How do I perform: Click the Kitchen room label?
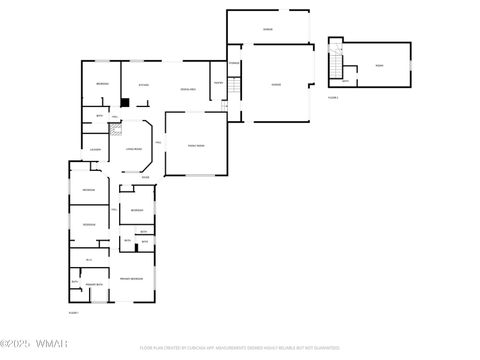click(x=144, y=85)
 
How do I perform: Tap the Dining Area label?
click(x=187, y=90)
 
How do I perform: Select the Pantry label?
click(x=218, y=82)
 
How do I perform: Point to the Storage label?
click(x=233, y=64)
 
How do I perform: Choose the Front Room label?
click(x=197, y=146)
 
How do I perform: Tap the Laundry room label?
click(x=95, y=150)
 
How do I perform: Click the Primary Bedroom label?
click(x=131, y=277)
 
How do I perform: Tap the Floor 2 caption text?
click(x=333, y=98)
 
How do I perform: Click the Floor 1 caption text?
click(x=73, y=313)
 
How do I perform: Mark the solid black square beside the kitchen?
click(x=123, y=101)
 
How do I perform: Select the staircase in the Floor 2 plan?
click(x=337, y=67)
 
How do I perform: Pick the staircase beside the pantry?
click(x=232, y=86)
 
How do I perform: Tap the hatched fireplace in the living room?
click(x=113, y=128)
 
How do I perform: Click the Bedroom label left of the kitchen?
click(x=102, y=83)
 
